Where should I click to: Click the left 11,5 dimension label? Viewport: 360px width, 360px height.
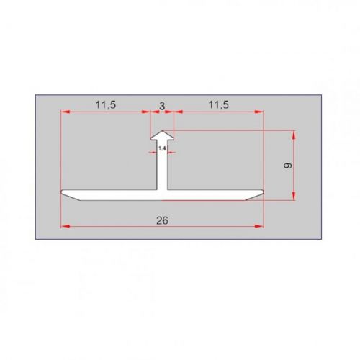pyautogui.click(x=106, y=105)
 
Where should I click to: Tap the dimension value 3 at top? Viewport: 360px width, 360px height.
pyautogui.click(x=162, y=105)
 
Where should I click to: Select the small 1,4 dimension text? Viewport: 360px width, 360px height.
pyautogui.click(x=162, y=148)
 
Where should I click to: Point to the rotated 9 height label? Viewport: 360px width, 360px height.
pyautogui.click(x=286, y=166)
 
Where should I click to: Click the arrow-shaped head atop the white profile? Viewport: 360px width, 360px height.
pyautogui.click(x=163, y=135)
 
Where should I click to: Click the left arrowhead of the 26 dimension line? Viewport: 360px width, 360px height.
pyautogui.click(x=64, y=226)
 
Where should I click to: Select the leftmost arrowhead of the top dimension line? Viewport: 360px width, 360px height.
pyautogui.click(x=64, y=112)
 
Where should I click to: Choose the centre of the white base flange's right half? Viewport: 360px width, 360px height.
pyautogui.click(x=212, y=194)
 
